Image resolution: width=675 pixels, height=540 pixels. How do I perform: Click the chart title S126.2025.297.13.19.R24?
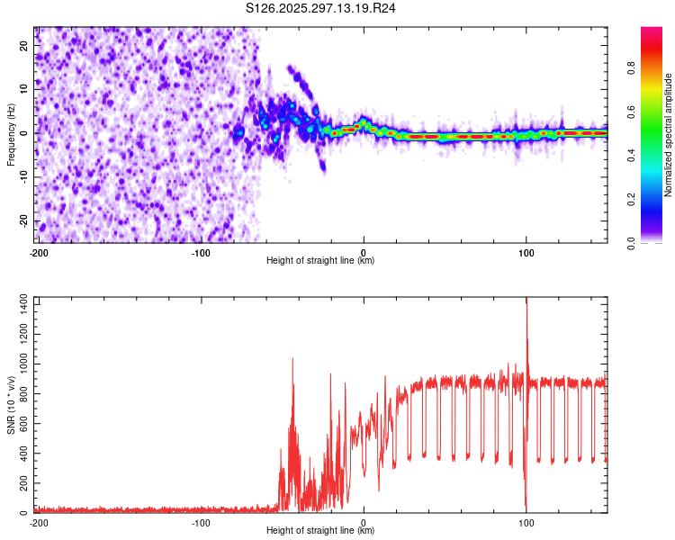click(x=321, y=8)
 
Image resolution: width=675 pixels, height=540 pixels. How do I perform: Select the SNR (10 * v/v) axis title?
click(x=11, y=404)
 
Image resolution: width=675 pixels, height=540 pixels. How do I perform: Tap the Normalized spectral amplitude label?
click(x=668, y=135)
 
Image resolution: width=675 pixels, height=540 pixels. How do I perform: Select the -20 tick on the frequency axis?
click(x=24, y=220)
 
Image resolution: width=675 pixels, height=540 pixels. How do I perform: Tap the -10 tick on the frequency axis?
click(x=24, y=177)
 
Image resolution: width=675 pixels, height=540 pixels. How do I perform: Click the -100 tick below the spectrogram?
click(x=201, y=253)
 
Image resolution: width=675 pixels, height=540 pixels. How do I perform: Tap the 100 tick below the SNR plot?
click(x=526, y=523)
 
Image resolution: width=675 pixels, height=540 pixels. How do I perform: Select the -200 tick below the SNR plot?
click(x=39, y=523)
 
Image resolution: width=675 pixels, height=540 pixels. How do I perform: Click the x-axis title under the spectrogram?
click(x=320, y=261)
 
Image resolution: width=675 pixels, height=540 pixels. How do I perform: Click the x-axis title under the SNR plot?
click(x=320, y=531)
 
